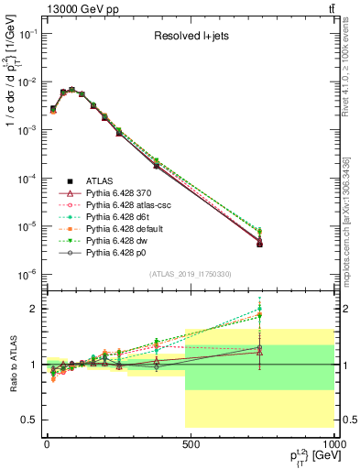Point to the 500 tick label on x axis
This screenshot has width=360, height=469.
pos(191,442)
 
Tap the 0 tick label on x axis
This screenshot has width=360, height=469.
pos(46,442)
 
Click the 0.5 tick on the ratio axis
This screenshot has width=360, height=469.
pos(30,420)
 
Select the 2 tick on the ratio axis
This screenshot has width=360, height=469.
pos(35,309)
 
